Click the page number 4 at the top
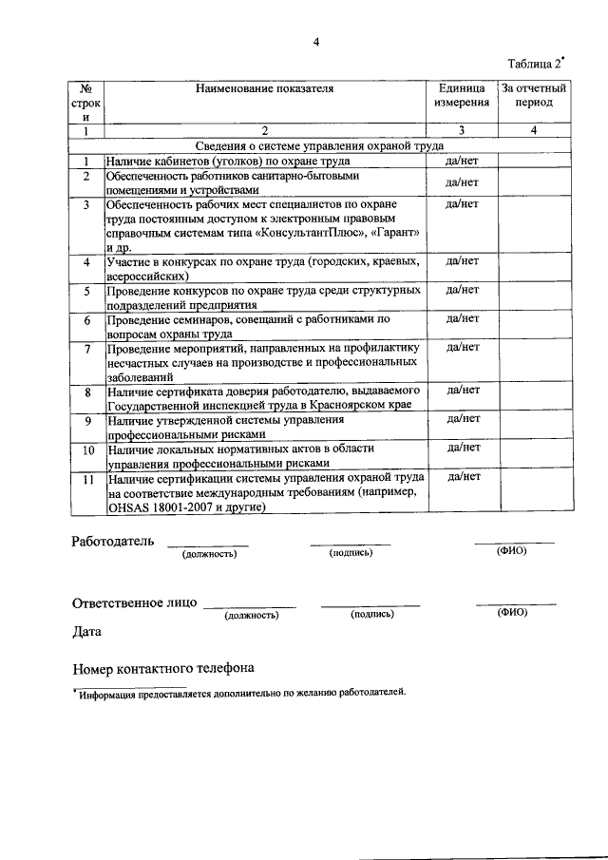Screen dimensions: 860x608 [316, 41]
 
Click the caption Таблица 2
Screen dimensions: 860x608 [535, 64]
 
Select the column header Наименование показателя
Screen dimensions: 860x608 [265, 88]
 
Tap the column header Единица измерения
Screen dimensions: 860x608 [462, 95]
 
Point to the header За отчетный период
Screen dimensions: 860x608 [533, 95]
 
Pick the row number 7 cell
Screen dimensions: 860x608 [86, 348]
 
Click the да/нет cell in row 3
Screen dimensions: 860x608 [462, 204]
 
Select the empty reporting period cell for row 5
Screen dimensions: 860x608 [533, 297]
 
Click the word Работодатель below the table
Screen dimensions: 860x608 [111, 542]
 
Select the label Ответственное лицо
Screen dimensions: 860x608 [135, 602]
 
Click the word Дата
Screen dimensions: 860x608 [88, 631]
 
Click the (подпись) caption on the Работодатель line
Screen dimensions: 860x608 [350, 553]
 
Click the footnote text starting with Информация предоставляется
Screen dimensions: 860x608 [242, 692]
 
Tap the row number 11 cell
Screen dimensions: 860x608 [86, 480]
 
